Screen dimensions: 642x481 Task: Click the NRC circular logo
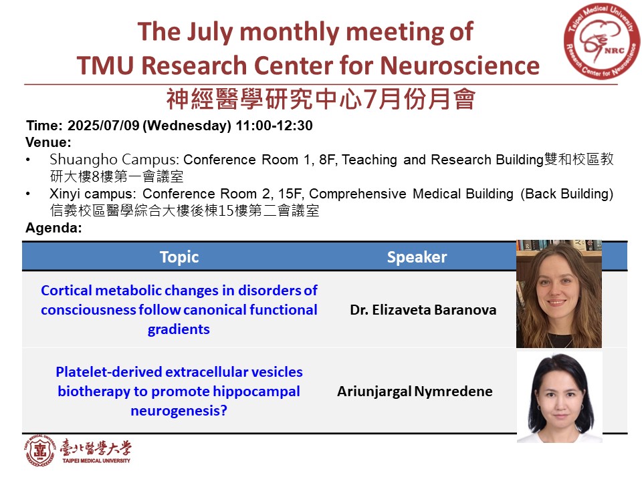point(601,41)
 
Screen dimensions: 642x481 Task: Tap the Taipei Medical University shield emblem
point(39,451)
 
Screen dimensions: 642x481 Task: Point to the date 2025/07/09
point(104,126)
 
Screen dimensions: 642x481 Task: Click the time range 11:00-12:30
point(274,126)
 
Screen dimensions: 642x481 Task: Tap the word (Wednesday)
point(187,126)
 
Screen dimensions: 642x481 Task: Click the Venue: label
point(48,142)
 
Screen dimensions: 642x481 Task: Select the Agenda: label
point(53,228)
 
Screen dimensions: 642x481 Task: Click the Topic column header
point(179,257)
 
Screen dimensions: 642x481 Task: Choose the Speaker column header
point(417,257)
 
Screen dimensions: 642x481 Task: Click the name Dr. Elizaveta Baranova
point(423,310)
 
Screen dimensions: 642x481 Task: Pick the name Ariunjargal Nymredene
point(415,391)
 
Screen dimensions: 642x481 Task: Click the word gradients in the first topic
point(179,329)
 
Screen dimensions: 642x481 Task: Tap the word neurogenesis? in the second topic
point(179,411)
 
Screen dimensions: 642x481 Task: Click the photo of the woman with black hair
point(559,397)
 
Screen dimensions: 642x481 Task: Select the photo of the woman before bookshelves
point(559,294)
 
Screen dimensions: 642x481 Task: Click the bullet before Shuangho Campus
point(28,160)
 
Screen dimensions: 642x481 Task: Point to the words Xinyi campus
point(92,194)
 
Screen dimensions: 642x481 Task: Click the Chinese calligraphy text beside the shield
point(96,449)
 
